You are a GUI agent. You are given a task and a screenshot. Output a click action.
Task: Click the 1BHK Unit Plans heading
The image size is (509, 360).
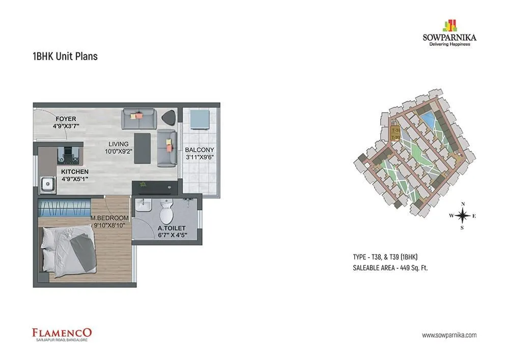tap(65, 56)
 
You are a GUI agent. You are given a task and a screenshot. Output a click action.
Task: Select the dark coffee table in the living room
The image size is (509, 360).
tap(143, 148)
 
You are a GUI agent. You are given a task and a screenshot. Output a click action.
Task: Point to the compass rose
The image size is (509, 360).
tap(462, 216)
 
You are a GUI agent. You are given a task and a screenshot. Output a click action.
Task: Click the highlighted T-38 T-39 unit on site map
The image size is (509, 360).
tap(395, 134)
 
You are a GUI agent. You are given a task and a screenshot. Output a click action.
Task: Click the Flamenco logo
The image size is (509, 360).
tap(62, 334)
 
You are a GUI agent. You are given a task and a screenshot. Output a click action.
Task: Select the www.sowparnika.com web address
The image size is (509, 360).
tap(449, 335)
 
